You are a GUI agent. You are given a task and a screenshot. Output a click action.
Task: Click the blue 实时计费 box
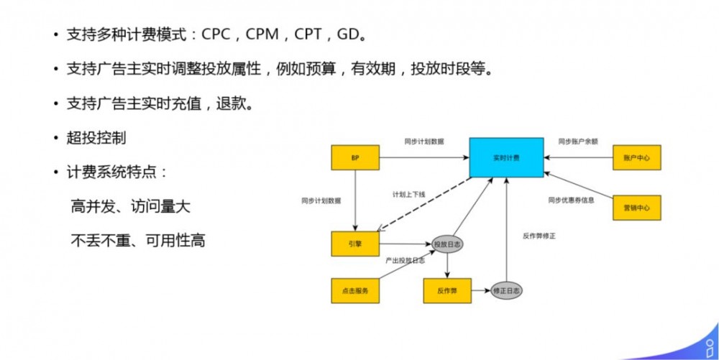(x=506, y=157)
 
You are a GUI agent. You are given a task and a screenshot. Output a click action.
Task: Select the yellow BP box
(x=354, y=157)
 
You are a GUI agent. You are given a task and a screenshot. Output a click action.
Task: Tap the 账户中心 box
(x=636, y=157)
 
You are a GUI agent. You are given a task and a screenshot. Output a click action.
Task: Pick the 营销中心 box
(x=636, y=207)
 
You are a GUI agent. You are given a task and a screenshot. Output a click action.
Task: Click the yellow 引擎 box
(x=354, y=244)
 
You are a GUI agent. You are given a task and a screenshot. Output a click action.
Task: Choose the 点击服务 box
(x=354, y=290)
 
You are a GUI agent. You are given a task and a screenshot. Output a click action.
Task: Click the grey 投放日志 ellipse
(x=447, y=245)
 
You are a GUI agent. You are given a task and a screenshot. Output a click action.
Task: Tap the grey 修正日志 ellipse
(x=507, y=291)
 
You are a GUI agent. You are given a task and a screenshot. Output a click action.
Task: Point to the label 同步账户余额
(x=578, y=142)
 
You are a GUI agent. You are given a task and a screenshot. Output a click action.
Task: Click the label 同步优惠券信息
(x=571, y=200)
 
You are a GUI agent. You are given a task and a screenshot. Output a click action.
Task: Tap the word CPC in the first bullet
(x=216, y=34)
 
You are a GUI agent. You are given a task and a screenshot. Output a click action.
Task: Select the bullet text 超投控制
(x=96, y=137)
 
